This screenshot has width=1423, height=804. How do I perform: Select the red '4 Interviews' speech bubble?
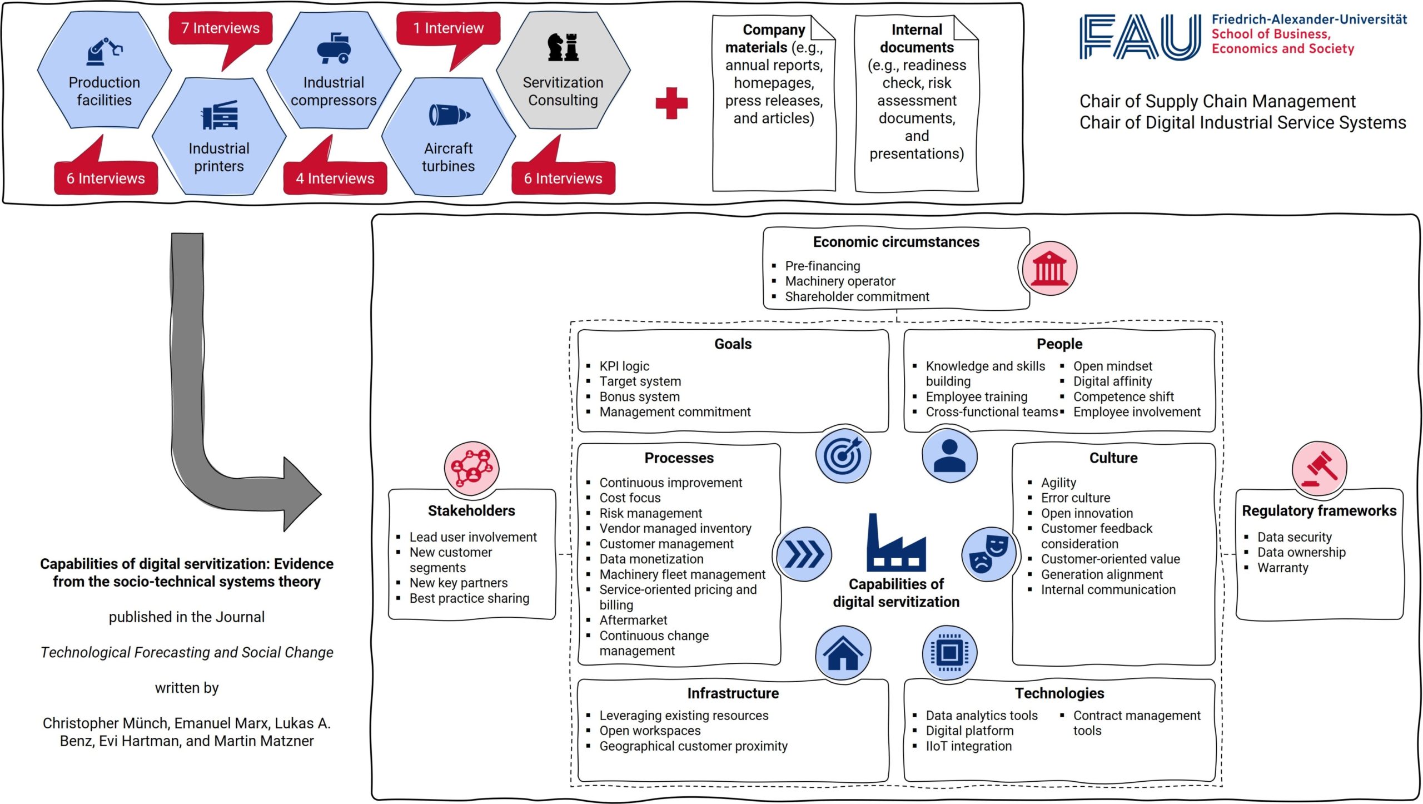(x=335, y=176)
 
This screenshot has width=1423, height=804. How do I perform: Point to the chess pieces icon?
(x=563, y=47)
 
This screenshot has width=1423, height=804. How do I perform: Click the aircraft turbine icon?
(x=449, y=115)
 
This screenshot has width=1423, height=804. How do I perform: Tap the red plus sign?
(x=671, y=103)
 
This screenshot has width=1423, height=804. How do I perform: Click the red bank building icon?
(x=1049, y=268)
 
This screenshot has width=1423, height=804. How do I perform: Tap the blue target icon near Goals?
(x=843, y=456)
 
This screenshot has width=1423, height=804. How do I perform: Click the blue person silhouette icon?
(x=949, y=456)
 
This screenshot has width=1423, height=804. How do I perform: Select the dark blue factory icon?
(x=896, y=543)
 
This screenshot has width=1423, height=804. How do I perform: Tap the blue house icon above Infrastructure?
(x=843, y=653)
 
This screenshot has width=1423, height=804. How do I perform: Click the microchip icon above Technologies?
(x=949, y=653)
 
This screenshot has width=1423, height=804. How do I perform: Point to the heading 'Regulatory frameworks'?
(x=1319, y=510)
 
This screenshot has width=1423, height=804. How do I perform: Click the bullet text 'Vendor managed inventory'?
(x=675, y=528)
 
